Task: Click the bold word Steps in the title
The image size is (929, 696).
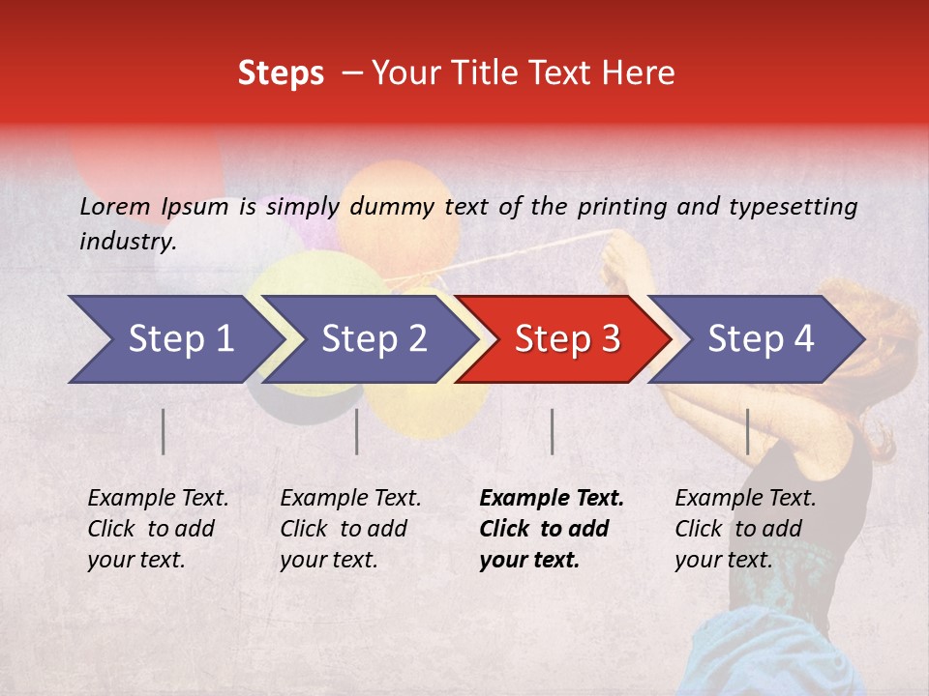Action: [x=281, y=73]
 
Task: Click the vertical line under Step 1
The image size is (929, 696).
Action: [x=164, y=431]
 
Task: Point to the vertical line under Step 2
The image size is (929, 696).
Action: [x=357, y=431]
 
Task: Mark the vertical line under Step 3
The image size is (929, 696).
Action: [x=552, y=431]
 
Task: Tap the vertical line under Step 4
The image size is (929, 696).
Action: [x=747, y=431]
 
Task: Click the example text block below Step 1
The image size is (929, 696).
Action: [x=158, y=529]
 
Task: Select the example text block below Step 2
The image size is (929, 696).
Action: [x=350, y=529]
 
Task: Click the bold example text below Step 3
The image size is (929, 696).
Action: [x=552, y=529]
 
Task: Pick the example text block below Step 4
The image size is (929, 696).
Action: [x=745, y=529]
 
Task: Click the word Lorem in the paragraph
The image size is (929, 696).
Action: [x=115, y=206]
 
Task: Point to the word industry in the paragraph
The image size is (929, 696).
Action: [x=127, y=242]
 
